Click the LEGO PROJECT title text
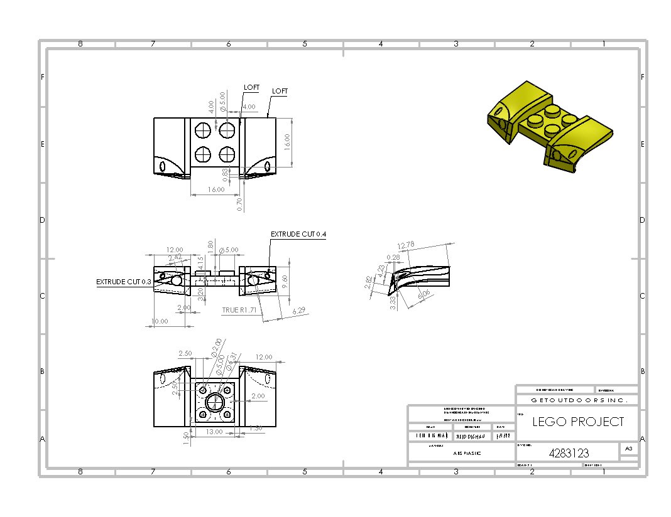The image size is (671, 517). pyautogui.click(x=578, y=422)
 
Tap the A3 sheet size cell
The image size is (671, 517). pyautogui.click(x=628, y=448)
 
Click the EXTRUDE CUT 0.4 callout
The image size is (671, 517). pyautogui.click(x=298, y=234)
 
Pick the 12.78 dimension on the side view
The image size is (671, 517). pyautogui.click(x=406, y=245)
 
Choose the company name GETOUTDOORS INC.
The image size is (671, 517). pyautogui.click(x=576, y=400)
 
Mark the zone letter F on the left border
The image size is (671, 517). pyautogui.click(x=43, y=77)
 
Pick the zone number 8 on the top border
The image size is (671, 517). pyautogui.click(x=80, y=44)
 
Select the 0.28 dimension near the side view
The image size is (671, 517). pyautogui.click(x=394, y=257)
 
